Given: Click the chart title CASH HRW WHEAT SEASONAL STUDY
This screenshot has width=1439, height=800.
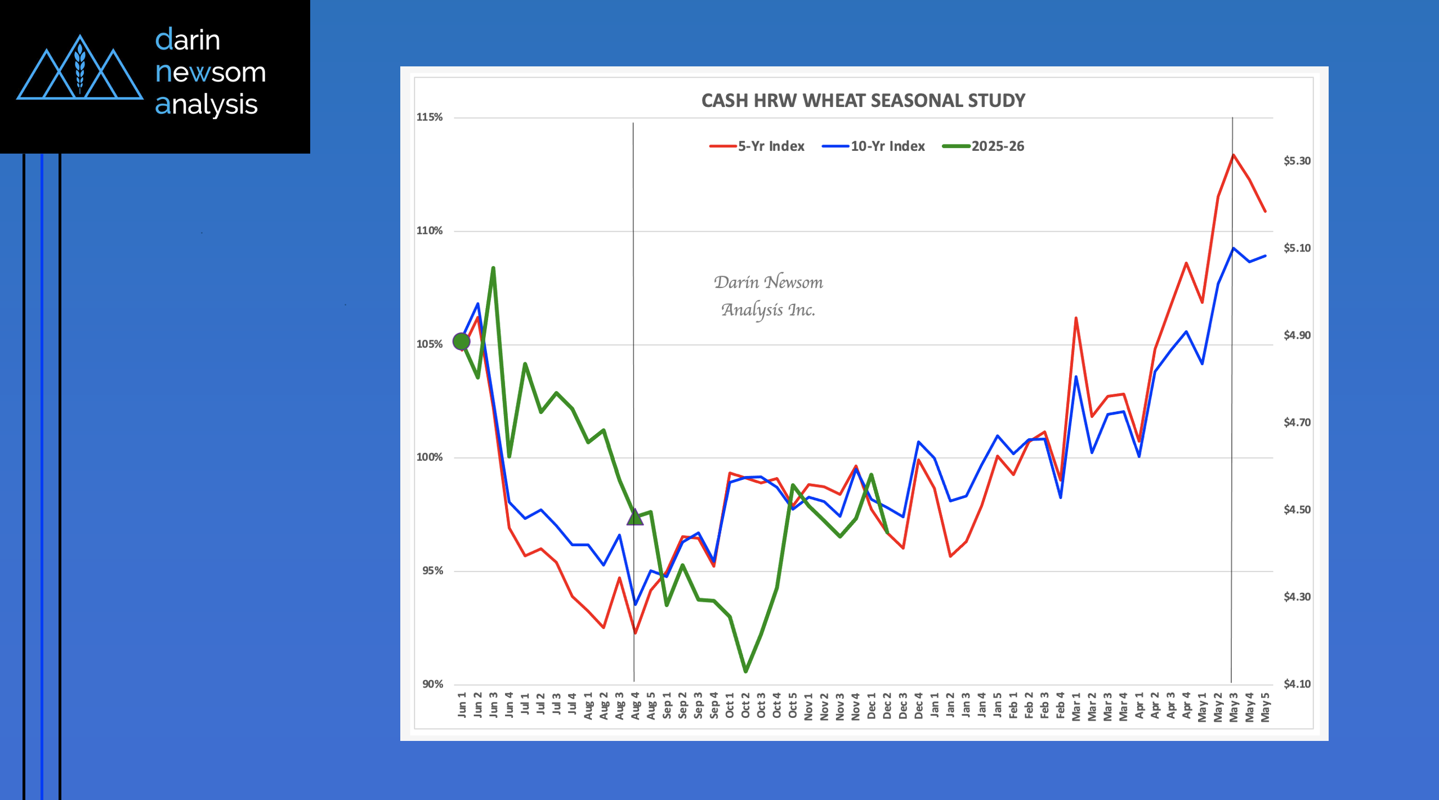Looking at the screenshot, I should (863, 101).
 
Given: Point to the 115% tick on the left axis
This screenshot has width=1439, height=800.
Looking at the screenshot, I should (430, 117).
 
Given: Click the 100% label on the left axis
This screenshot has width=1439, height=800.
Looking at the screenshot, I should (430, 457).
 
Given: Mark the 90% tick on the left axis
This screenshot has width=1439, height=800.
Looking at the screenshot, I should (432, 684).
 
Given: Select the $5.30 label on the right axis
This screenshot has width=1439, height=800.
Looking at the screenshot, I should (1297, 161).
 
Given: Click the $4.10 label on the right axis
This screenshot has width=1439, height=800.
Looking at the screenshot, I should (1297, 684).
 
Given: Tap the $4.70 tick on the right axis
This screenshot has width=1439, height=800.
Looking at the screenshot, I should (1297, 423).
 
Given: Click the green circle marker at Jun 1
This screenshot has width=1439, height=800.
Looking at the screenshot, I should (461, 341).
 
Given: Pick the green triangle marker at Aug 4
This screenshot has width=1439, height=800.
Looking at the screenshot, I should (635, 516).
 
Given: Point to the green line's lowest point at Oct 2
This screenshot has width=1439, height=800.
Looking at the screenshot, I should (746, 671).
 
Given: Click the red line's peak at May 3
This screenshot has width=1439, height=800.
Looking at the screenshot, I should (1234, 155).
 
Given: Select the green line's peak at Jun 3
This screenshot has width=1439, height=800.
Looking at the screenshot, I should (493, 268).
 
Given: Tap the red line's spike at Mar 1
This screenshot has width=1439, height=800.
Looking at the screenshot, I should (1076, 318).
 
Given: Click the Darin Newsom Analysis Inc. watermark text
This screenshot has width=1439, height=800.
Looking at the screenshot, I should (768, 295).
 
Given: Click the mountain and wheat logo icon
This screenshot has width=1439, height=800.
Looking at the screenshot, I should (80, 70).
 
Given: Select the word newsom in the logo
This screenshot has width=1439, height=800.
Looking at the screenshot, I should (210, 73).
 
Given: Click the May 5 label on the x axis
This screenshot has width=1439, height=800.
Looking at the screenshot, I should (1265, 707).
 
